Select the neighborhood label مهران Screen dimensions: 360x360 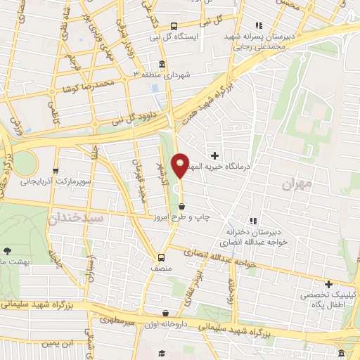tap(296, 184)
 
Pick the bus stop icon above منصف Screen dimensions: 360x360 tap(161, 257)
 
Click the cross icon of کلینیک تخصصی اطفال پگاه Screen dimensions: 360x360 tap(328, 284)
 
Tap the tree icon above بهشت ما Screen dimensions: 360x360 tap(7, 250)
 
